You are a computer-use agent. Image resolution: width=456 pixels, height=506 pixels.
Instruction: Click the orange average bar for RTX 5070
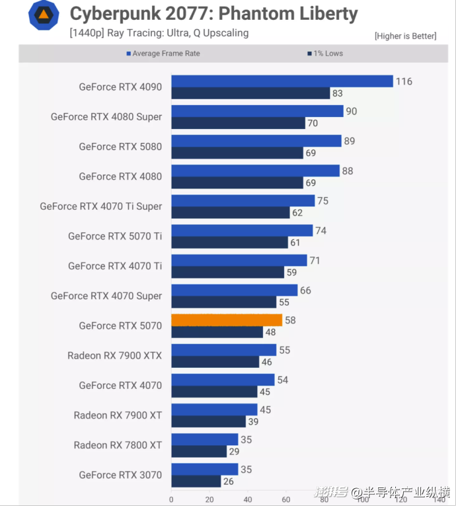point(227,320)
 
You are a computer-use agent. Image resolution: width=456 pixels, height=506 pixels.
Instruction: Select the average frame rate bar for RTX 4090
point(282,81)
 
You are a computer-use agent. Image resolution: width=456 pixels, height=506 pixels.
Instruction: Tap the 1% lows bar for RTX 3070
point(196,481)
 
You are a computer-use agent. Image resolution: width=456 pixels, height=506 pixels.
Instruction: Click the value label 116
point(404,81)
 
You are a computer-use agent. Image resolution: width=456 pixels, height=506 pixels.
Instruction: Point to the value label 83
point(337,94)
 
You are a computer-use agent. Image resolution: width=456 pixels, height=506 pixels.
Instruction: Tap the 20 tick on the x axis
point(209,499)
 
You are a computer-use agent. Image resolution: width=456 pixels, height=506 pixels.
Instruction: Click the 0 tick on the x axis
point(171,499)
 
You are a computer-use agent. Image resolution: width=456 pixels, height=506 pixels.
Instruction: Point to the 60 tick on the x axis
point(286,499)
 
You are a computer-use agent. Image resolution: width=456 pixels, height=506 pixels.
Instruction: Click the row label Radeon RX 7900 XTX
point(114,356)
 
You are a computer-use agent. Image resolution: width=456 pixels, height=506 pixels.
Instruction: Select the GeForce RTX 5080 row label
point(120,147)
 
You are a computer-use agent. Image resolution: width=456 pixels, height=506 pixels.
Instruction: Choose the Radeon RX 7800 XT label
point(118,445)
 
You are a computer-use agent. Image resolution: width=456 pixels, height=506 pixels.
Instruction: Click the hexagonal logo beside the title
point(44,15)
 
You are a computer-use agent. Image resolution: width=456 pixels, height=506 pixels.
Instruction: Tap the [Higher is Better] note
point(405,36)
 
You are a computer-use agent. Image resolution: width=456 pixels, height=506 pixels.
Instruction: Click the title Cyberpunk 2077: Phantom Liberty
point(213,13)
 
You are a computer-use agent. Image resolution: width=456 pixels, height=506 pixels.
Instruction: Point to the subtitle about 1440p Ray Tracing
point(159,32)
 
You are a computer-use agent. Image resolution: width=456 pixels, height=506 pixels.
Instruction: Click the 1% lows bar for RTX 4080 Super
point(238,123)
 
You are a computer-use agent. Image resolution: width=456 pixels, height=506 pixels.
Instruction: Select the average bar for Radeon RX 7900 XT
point(214,409)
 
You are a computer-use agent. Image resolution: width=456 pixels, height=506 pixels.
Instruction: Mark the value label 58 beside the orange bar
point(290,320)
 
